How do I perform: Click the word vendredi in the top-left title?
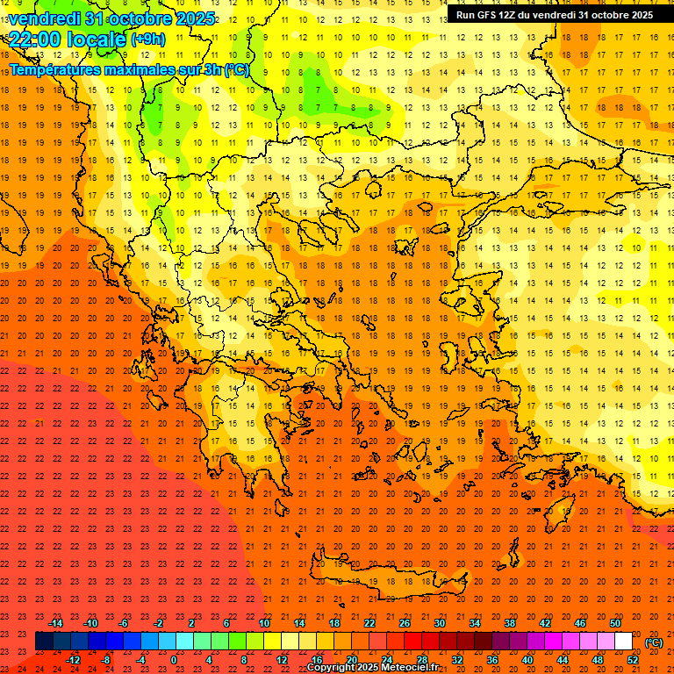46,18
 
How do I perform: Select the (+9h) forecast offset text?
147,39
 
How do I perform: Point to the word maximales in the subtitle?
146,69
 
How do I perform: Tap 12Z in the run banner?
507,15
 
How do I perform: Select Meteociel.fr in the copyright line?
421,668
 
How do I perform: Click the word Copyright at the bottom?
333,668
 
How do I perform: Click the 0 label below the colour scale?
174,660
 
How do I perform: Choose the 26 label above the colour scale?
405,623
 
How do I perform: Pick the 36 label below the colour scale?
492,660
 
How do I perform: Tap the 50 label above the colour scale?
615,623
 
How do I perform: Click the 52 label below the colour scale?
633,660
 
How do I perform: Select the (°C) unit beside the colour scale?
654,642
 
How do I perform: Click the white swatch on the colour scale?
624,642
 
